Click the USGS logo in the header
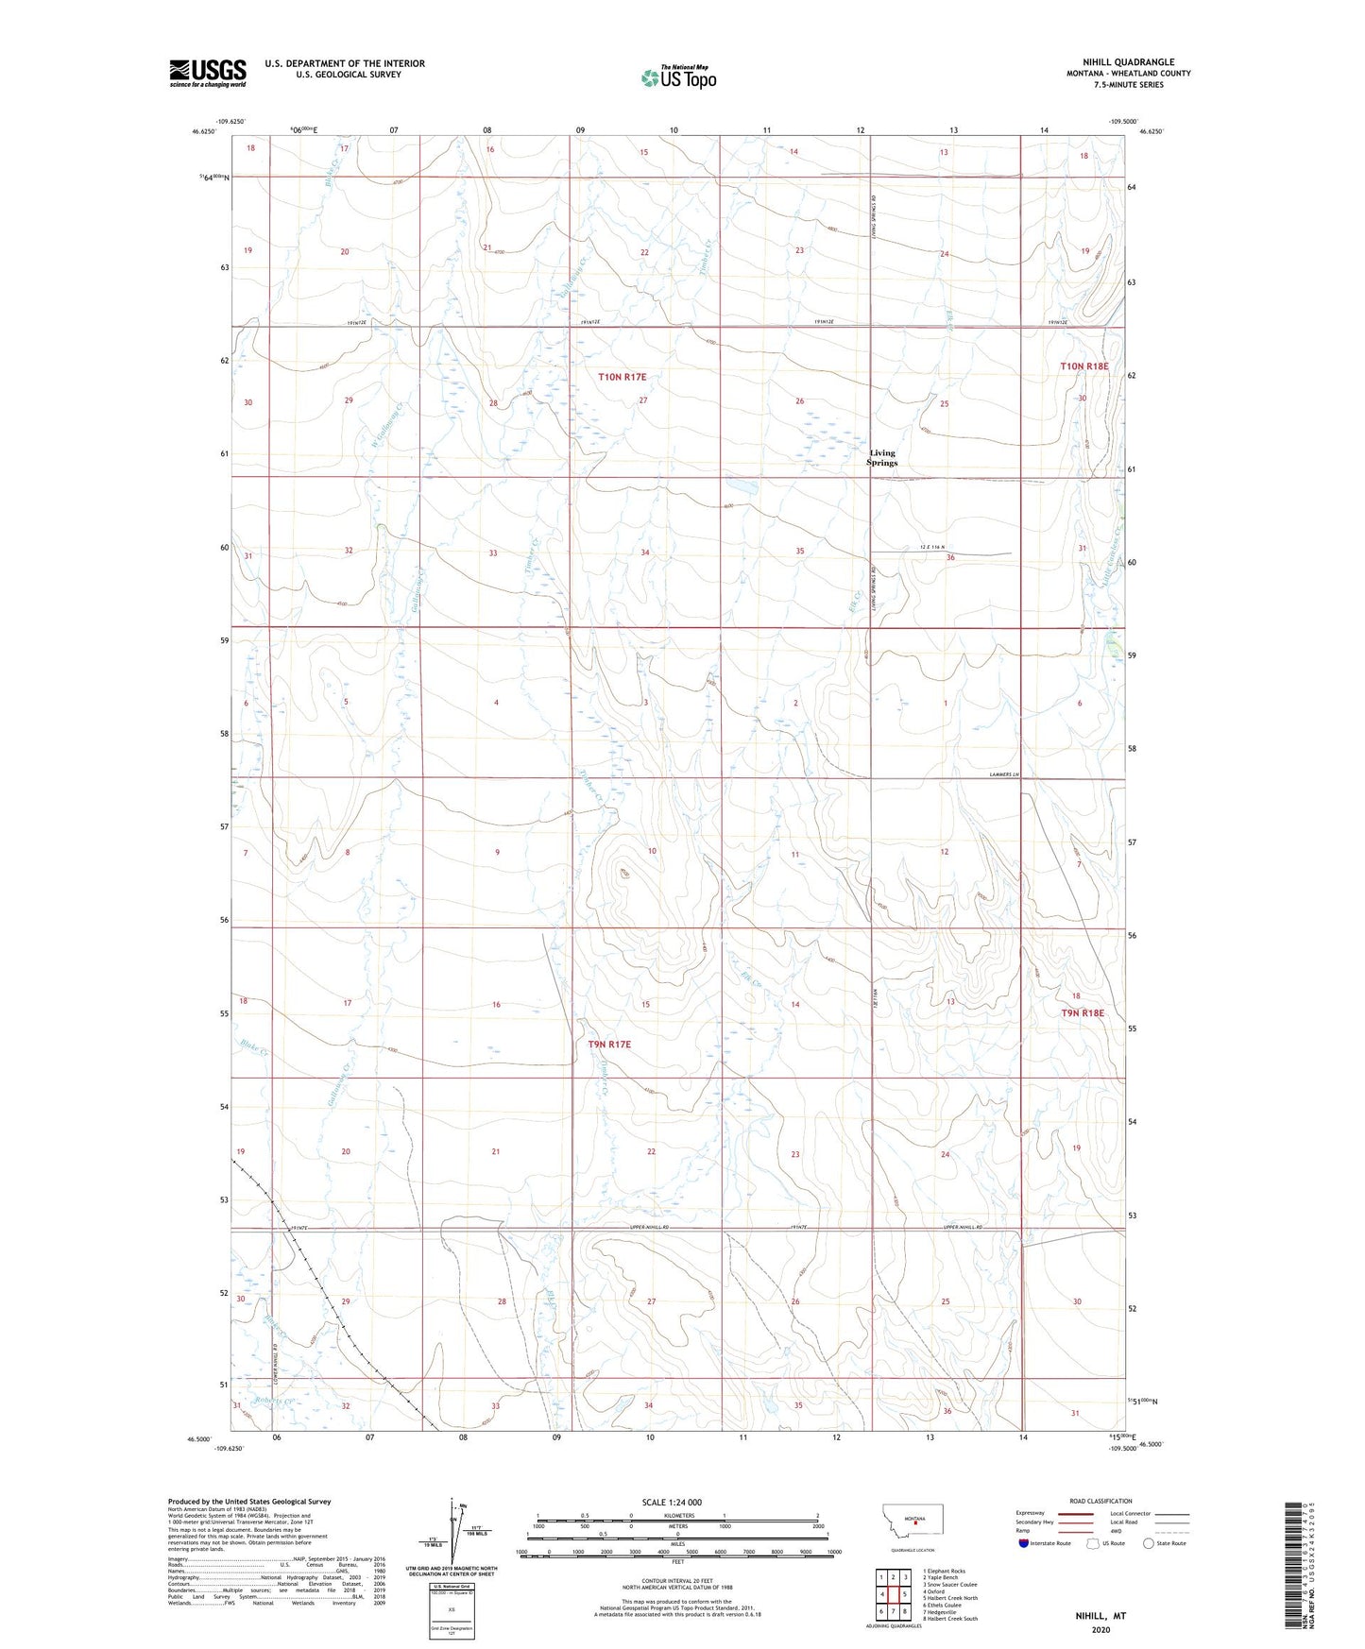(x=208, y=73)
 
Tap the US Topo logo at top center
(x=678, y=76)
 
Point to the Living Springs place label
(x=882, y=458)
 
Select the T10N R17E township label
(x=622, y=377)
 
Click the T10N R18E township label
(x=1083, y=365)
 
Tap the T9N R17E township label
(x=609, y=1045)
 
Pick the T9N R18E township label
(x=1083, y=1013)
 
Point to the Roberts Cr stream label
(x=275, y=1402)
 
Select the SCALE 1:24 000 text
(x=672, y=1502)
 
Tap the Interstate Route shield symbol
(x=1024, y=1543)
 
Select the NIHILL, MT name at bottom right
(x=1101, y=1616)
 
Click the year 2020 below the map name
(x=1101, y=1630)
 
